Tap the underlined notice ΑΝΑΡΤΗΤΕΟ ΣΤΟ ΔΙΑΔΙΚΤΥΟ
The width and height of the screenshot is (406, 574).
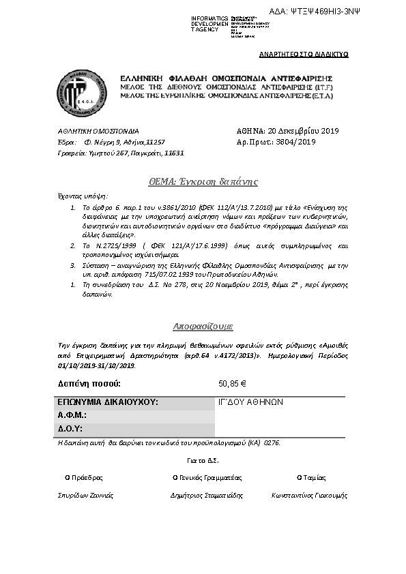[x=304, y=53]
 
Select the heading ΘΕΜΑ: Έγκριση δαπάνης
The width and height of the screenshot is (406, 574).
[x=203, y=181]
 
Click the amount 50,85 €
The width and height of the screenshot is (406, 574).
[x=231, y=384]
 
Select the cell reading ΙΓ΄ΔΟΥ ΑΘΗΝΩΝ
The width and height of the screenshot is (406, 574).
[x=241, y=402]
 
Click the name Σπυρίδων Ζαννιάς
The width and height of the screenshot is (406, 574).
[x=85, y=495]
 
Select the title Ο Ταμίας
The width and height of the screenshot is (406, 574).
[x=311, y=477]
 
